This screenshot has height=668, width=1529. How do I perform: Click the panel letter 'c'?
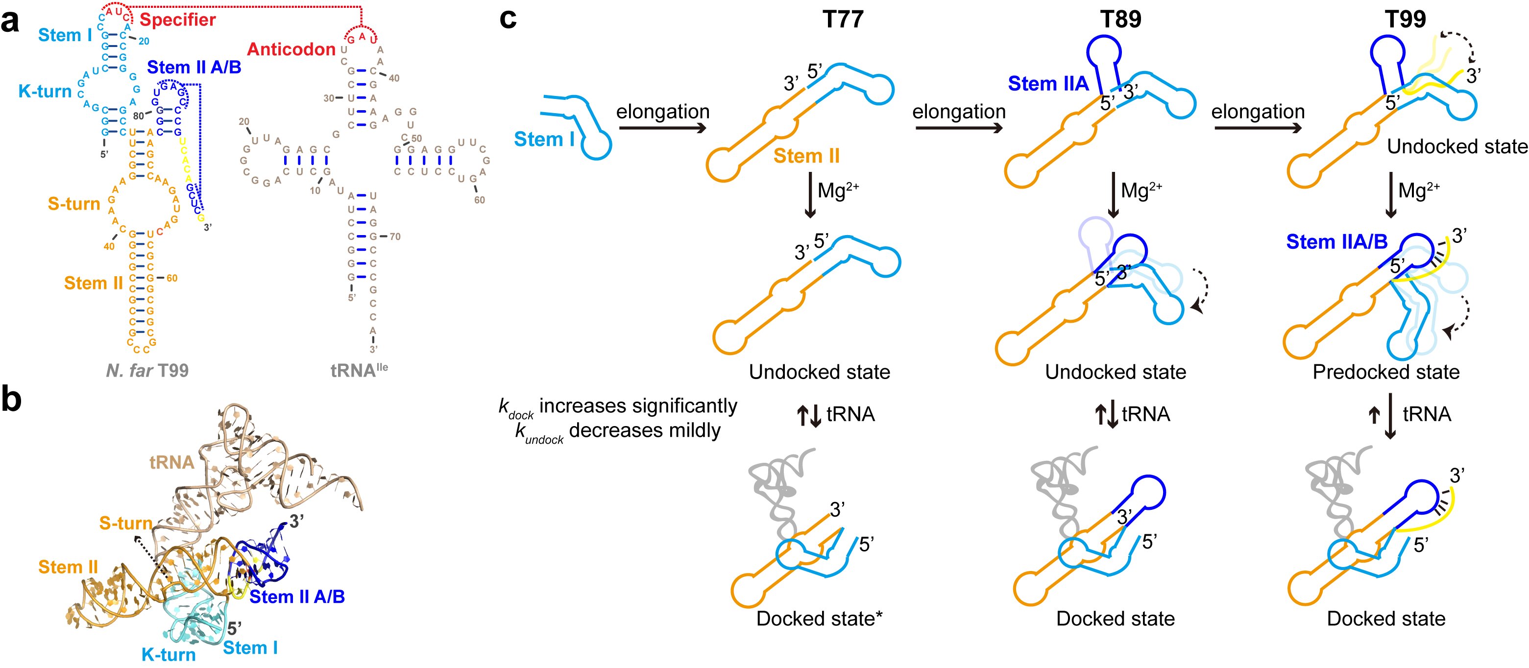(508, 19)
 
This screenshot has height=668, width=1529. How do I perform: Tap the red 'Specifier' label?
(177, 20)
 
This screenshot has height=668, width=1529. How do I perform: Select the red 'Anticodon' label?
(291, 49)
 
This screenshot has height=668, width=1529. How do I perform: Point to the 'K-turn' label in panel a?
(45, 92)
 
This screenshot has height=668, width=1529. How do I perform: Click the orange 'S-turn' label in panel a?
(73, 204)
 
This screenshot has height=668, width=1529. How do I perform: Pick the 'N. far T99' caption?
(146, 371)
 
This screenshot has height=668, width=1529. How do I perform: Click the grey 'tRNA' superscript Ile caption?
(359, 371)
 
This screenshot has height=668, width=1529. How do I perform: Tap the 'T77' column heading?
(843, 20)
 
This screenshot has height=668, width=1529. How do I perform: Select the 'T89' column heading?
(1120, 20)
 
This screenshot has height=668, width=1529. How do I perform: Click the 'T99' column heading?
(1405, 20)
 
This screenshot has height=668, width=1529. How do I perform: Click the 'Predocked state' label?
(1386, 372)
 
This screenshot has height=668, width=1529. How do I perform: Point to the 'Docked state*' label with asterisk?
(819, 619)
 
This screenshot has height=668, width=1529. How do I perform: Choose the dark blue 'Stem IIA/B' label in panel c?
(1336, 242)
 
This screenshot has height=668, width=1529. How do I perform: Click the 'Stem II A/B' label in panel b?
(297, 597)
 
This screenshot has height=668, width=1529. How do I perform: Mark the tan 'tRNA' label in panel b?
(171, 463)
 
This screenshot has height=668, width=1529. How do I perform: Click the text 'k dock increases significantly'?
(618, 406)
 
